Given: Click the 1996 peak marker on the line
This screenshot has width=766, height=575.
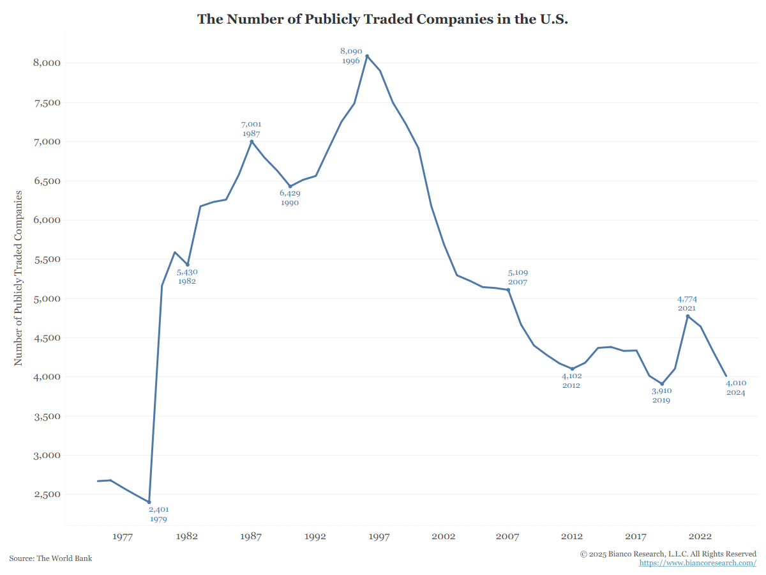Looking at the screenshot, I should point(367,56).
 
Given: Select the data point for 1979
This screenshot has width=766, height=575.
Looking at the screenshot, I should point(149,502).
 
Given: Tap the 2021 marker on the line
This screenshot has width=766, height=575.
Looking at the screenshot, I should point(687,316).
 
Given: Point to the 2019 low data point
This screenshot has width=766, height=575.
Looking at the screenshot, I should point(662,384).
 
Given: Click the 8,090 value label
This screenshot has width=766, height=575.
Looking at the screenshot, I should point(351,51).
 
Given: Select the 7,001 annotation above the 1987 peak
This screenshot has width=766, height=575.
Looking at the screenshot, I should point(251,125).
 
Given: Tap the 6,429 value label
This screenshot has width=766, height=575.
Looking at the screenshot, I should point(290,193).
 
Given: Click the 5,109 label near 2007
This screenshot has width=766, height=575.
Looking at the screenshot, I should point(518,273).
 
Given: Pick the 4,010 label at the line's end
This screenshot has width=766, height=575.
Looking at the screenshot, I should point(736,383).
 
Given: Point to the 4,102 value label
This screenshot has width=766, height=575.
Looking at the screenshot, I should point(571,376).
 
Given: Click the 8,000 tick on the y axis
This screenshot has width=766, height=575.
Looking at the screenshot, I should point(47,63).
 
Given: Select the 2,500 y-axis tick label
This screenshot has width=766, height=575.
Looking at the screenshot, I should point(47,495).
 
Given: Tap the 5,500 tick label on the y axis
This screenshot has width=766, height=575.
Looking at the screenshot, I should point(47,259).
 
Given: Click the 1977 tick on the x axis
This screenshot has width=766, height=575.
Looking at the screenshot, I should point(123,537).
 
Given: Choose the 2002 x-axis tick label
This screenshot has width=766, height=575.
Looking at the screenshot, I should point(444,537).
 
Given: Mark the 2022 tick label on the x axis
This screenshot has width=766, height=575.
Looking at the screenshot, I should point(700,537).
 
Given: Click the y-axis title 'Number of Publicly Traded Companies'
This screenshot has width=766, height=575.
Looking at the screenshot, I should point(19,278).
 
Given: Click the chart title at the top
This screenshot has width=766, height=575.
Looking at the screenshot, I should point(382,19).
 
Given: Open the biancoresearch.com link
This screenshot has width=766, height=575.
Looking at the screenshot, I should point(698,563).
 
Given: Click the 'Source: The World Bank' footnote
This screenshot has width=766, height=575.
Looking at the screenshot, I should point(50,558).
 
